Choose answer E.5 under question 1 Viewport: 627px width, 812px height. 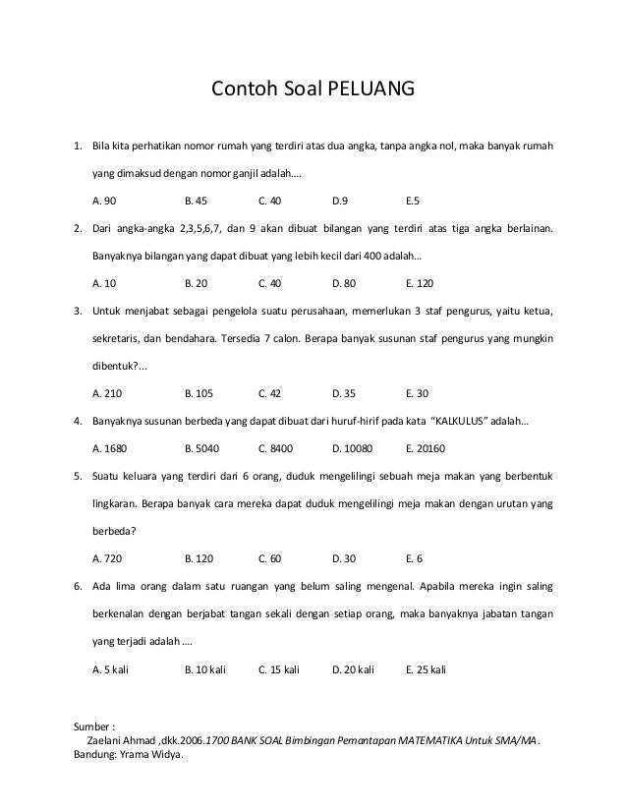click(412, 201)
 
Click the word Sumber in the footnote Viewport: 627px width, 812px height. click(92, 727)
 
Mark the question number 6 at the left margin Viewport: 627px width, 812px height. click(78, 586)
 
